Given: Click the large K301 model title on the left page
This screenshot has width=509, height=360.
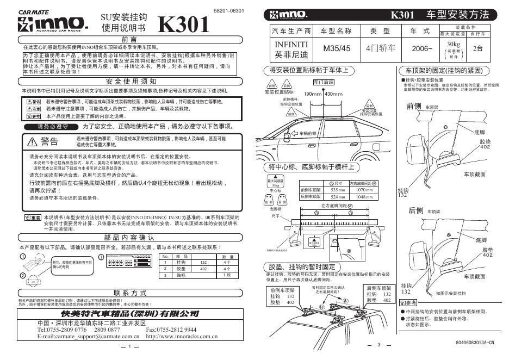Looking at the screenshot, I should (184, 24).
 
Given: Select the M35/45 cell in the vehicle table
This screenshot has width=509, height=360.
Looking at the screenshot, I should (337, 48).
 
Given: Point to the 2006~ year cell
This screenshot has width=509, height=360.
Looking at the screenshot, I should (423, 48).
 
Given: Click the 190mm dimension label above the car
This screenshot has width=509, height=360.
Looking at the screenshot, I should (313, 94).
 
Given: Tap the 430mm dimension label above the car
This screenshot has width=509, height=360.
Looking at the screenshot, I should (333, 94).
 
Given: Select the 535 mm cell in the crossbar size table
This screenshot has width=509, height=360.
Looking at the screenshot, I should (338, 190).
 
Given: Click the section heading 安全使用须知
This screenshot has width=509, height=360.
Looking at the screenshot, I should (129, 82).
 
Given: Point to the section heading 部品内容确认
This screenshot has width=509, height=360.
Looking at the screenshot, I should (129, 238).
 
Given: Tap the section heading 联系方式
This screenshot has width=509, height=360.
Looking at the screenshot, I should (129, 293).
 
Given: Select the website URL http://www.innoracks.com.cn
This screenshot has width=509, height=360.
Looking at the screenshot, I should (182, 337).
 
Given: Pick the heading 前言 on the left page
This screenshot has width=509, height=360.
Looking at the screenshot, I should (129, 40).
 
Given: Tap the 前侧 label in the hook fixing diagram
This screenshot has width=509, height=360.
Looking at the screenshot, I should (414, 105).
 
